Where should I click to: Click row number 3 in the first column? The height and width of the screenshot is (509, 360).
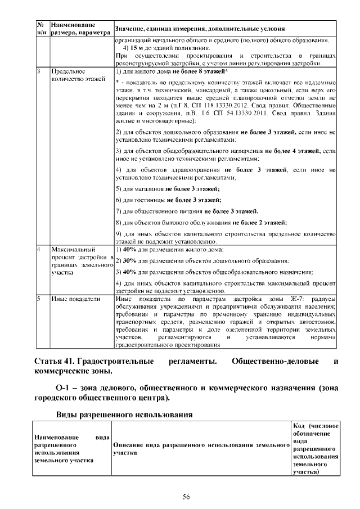[38, 72]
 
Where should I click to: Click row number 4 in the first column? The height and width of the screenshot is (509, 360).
[38, 248]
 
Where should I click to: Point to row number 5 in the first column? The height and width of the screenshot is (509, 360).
[38, 300]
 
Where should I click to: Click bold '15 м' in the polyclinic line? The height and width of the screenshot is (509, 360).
[137, 48]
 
